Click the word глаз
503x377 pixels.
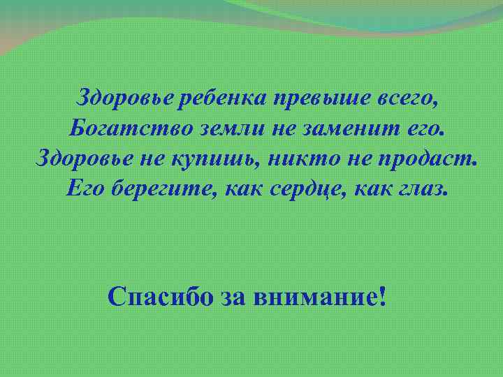point(419,188)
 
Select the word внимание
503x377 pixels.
point(314,298)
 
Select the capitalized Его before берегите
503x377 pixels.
point(85,188)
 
